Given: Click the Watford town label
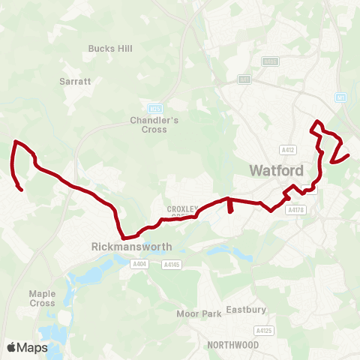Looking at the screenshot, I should pos(276,170).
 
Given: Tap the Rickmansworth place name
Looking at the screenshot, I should pos(131,246).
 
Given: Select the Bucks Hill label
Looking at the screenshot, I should pos(110,49).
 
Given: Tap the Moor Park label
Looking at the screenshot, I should pos(199,313).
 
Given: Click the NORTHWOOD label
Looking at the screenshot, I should pos(233,345).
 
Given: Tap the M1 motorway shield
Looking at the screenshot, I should pos(340,97).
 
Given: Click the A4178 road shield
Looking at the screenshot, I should pos(296,211).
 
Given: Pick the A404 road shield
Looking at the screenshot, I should pos(139,264).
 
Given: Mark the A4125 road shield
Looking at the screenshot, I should pos(262,330).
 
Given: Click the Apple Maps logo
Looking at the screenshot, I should pos(27,347).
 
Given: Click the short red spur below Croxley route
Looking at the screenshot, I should pos(229,205).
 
